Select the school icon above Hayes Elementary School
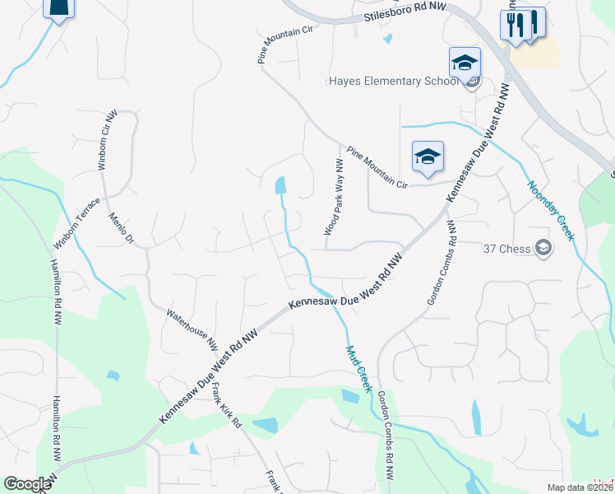coord(464,63)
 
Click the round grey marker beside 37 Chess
coord(543,247)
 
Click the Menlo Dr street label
coord(121,229)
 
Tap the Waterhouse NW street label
coord(192,325)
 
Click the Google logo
coord(27,484)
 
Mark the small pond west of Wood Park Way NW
coord(281,185)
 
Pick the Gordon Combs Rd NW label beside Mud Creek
coord(384,435)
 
